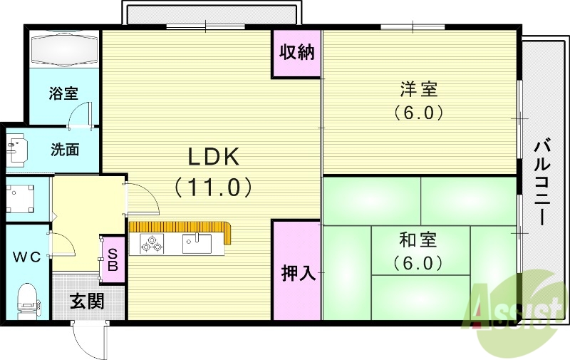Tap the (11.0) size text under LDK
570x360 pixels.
point(212,187)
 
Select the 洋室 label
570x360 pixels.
point(418,90)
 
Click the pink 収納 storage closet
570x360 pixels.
point(296,53)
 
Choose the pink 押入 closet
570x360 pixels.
point(296,272)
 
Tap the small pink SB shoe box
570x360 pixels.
point(113,258)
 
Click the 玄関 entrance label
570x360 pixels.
point(86,302)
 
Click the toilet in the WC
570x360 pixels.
point(26,299)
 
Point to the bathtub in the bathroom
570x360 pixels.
point(63,49)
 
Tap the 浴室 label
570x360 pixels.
point(63,93)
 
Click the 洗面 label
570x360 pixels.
point(64,150)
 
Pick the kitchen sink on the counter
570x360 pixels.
point(197,243)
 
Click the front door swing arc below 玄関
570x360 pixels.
point(88,341)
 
